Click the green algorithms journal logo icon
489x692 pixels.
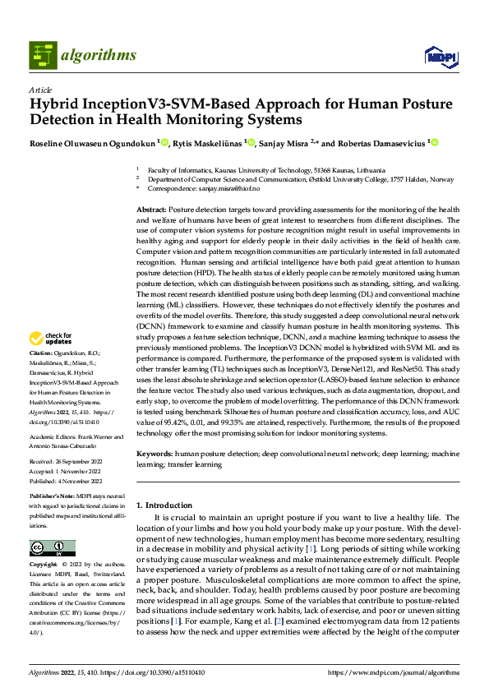tap(44, 55)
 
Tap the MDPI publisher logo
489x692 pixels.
tap(437, 55)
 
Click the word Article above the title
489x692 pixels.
tap(40, 90)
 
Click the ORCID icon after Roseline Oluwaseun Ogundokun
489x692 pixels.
tap(164, 142)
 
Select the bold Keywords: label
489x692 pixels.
tap(154, 453)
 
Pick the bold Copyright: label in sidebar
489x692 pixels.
tap(47, 565)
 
